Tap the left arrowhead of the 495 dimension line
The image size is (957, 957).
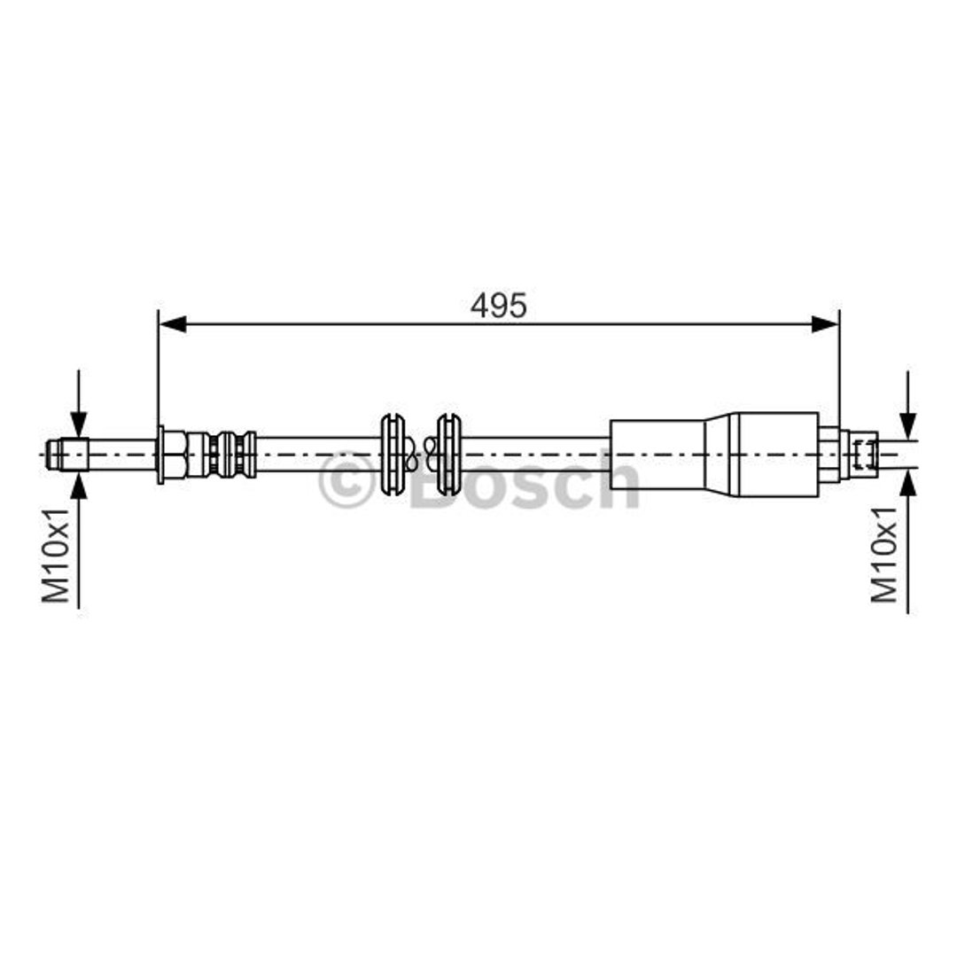tap(172, 324)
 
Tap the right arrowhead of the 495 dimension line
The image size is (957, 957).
tap(825, 324)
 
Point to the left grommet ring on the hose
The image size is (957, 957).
tap(393, 454)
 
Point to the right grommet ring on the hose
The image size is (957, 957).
tap(448, 454)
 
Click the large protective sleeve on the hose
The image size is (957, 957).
tap(714, 454)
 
